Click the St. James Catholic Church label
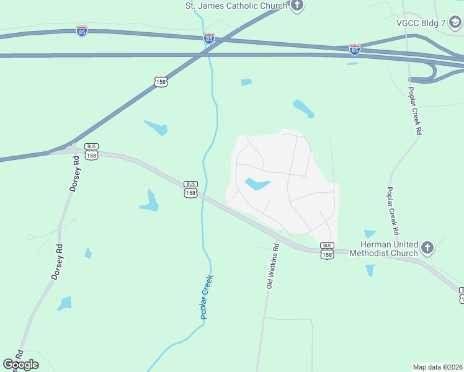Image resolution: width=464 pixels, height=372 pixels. click(237, 6)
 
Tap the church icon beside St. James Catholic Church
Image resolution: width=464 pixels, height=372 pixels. click(297, 6)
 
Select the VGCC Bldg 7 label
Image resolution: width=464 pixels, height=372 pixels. click(421, 23)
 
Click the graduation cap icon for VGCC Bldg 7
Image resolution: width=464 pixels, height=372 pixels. click(455, 23)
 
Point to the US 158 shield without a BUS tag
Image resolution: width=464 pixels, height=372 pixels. click(161, 81)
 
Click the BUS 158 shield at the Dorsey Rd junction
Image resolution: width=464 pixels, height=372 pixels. click(91, 152)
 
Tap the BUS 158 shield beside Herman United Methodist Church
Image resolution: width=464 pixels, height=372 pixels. click(328, 250)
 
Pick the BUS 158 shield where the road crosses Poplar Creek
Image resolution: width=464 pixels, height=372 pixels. click(190, 189)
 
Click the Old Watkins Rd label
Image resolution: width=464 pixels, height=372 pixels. click(272, 266)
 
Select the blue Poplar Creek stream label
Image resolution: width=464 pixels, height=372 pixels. click(207, 297)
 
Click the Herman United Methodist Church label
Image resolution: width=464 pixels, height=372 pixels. click(383, 249)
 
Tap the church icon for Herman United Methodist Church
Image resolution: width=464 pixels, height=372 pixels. click(427, 249)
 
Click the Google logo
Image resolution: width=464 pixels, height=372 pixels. click(20, 364)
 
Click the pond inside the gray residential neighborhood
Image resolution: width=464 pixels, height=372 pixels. click(257, 184)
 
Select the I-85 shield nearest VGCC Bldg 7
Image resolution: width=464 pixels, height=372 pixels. click(354, 48)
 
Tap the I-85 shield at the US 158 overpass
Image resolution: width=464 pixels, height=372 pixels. click(209, 38)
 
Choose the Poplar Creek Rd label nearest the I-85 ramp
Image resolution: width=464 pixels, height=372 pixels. click(414, 109)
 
